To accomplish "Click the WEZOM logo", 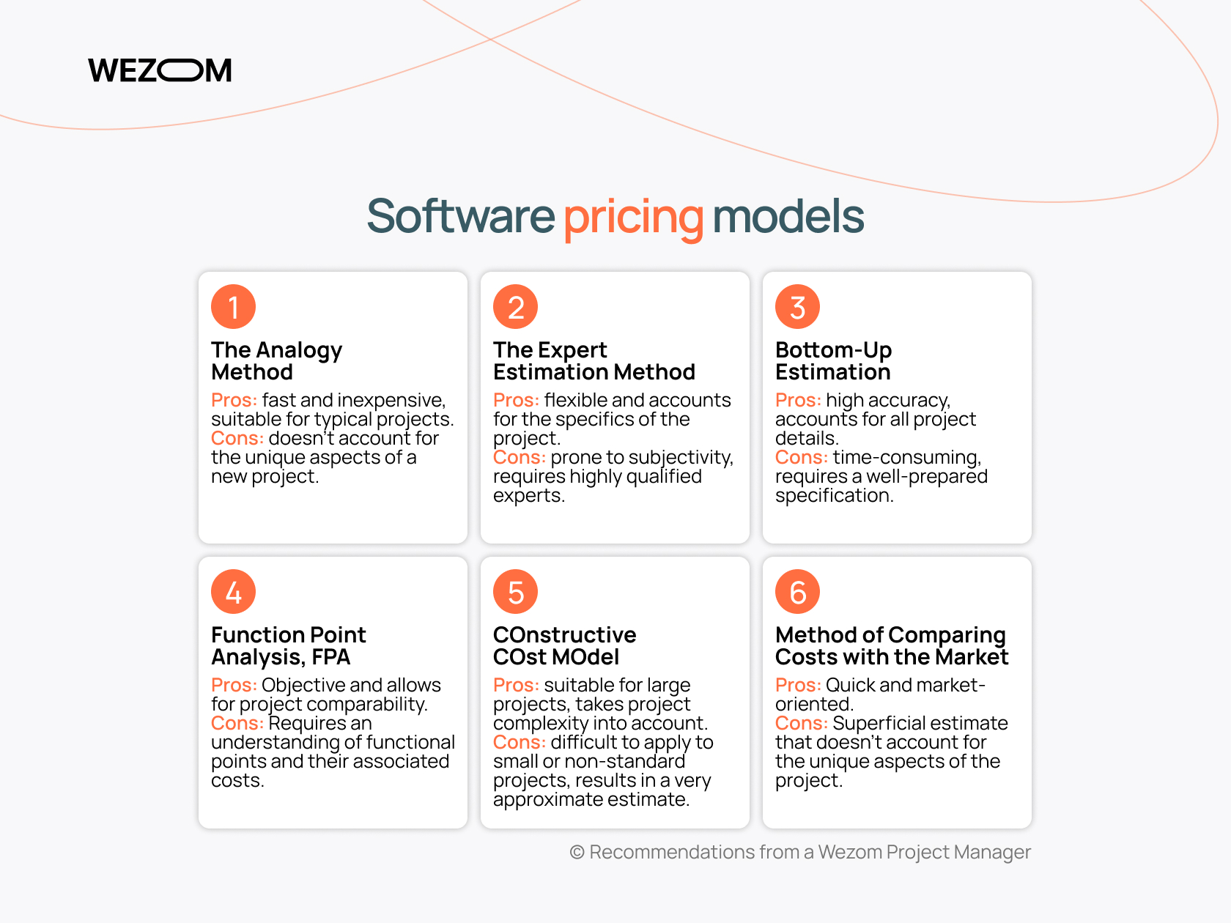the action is click(x=160, y=70).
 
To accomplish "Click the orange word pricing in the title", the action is click(x=633, y=218).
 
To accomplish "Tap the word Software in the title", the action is click(x=460, y=216).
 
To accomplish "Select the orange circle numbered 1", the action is click(x=233, y=306).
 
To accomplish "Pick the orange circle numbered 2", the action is click(x=515, y=306).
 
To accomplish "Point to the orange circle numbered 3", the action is click(x=797, y=306).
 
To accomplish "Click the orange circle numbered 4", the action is click(x=233, y=591).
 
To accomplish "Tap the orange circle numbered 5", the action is click(x=515, y=591).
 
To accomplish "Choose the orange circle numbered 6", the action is click(x=797, y=591).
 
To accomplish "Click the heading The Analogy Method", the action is click(x=276, y=361).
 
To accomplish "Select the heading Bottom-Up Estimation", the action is click(x=833, y=361).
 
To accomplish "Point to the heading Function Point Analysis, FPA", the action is click(x=288, y=645).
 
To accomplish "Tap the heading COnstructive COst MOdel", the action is click(x=565, y=645).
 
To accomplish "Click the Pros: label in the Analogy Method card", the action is click(x=234, y=400).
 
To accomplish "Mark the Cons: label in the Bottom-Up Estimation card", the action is click(x=802, y=457).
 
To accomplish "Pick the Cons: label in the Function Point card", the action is click(x=237, y=723).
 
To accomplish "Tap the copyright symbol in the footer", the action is click(x=577, y=853).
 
